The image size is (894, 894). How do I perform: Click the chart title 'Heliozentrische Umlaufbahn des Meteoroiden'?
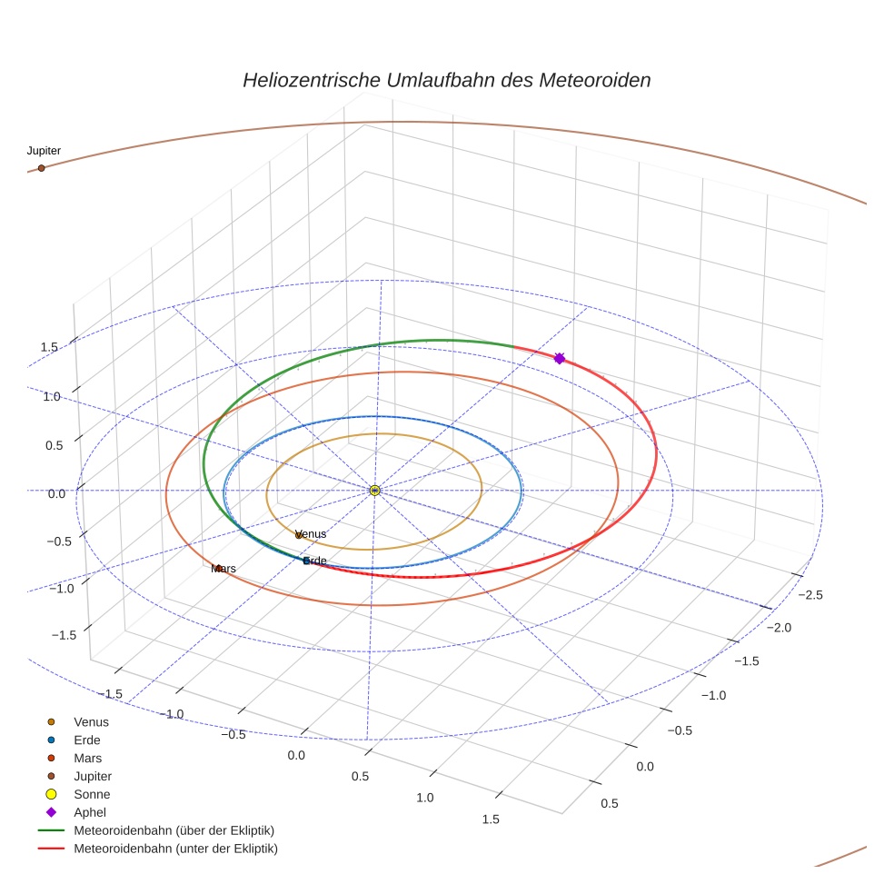point(446,80)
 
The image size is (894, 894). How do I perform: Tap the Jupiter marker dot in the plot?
point(41,168)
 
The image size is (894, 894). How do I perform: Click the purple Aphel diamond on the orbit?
point(559,359)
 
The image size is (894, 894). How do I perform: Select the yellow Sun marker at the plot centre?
point(374,491)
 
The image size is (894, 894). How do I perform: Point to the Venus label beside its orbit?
point(311,534)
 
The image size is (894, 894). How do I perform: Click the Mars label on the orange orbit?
point(223,569)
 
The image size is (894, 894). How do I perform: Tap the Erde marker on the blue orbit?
point(306,561)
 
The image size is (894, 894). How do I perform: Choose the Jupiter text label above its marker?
point(44,151)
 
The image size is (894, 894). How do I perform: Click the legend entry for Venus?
point(91,722)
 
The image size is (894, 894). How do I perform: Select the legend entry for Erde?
point(87,740)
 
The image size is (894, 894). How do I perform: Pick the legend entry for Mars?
point(87,759)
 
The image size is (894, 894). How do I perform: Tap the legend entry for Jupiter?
point(93,777)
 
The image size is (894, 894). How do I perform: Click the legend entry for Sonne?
point(92,795)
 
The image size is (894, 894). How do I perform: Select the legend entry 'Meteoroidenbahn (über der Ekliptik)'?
point(174,830)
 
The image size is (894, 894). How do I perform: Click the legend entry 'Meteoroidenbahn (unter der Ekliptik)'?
point(175,849)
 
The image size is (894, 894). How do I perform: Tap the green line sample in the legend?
point(51,830)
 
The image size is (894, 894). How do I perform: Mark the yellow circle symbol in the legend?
point(51,795)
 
